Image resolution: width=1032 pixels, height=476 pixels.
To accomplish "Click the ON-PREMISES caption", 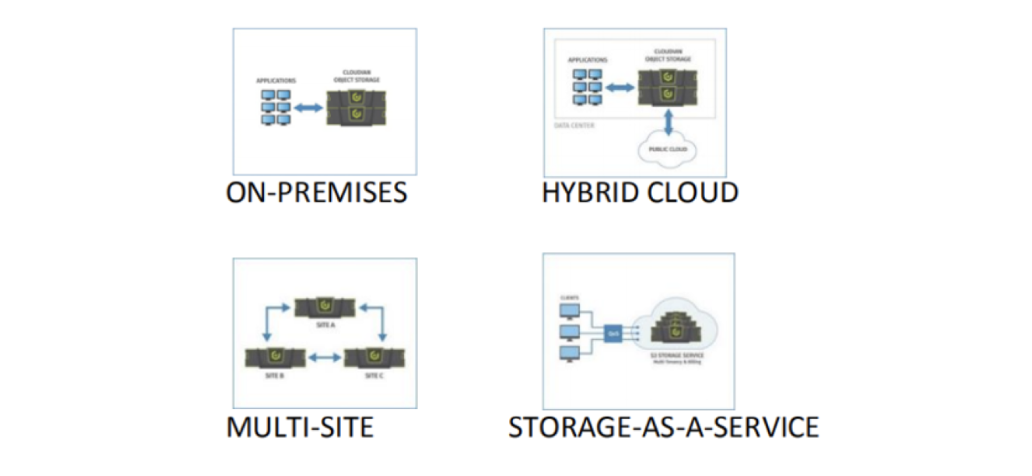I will (316, 193).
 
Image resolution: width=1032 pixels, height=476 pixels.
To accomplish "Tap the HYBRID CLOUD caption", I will (640, 193).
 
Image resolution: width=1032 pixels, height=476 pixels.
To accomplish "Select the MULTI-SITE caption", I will (300, 427).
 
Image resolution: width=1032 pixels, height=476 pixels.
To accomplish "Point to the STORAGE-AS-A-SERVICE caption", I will (663, 427).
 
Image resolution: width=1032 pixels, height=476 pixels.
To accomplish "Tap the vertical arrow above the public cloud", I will (668, 123).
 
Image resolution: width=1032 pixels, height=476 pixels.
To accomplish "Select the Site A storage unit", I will (325, 307).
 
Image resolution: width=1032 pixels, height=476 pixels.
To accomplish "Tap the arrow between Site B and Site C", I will (325, 358).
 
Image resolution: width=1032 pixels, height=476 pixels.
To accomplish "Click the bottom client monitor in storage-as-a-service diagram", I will (569, 354).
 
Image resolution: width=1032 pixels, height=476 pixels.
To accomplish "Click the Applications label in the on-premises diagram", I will (276, 81).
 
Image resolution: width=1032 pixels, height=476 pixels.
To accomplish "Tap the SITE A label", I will (325, 325).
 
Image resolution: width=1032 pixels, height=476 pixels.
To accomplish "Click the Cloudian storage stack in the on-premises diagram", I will (356, 108).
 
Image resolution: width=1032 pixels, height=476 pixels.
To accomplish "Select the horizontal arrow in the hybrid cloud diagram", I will (620, 88).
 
